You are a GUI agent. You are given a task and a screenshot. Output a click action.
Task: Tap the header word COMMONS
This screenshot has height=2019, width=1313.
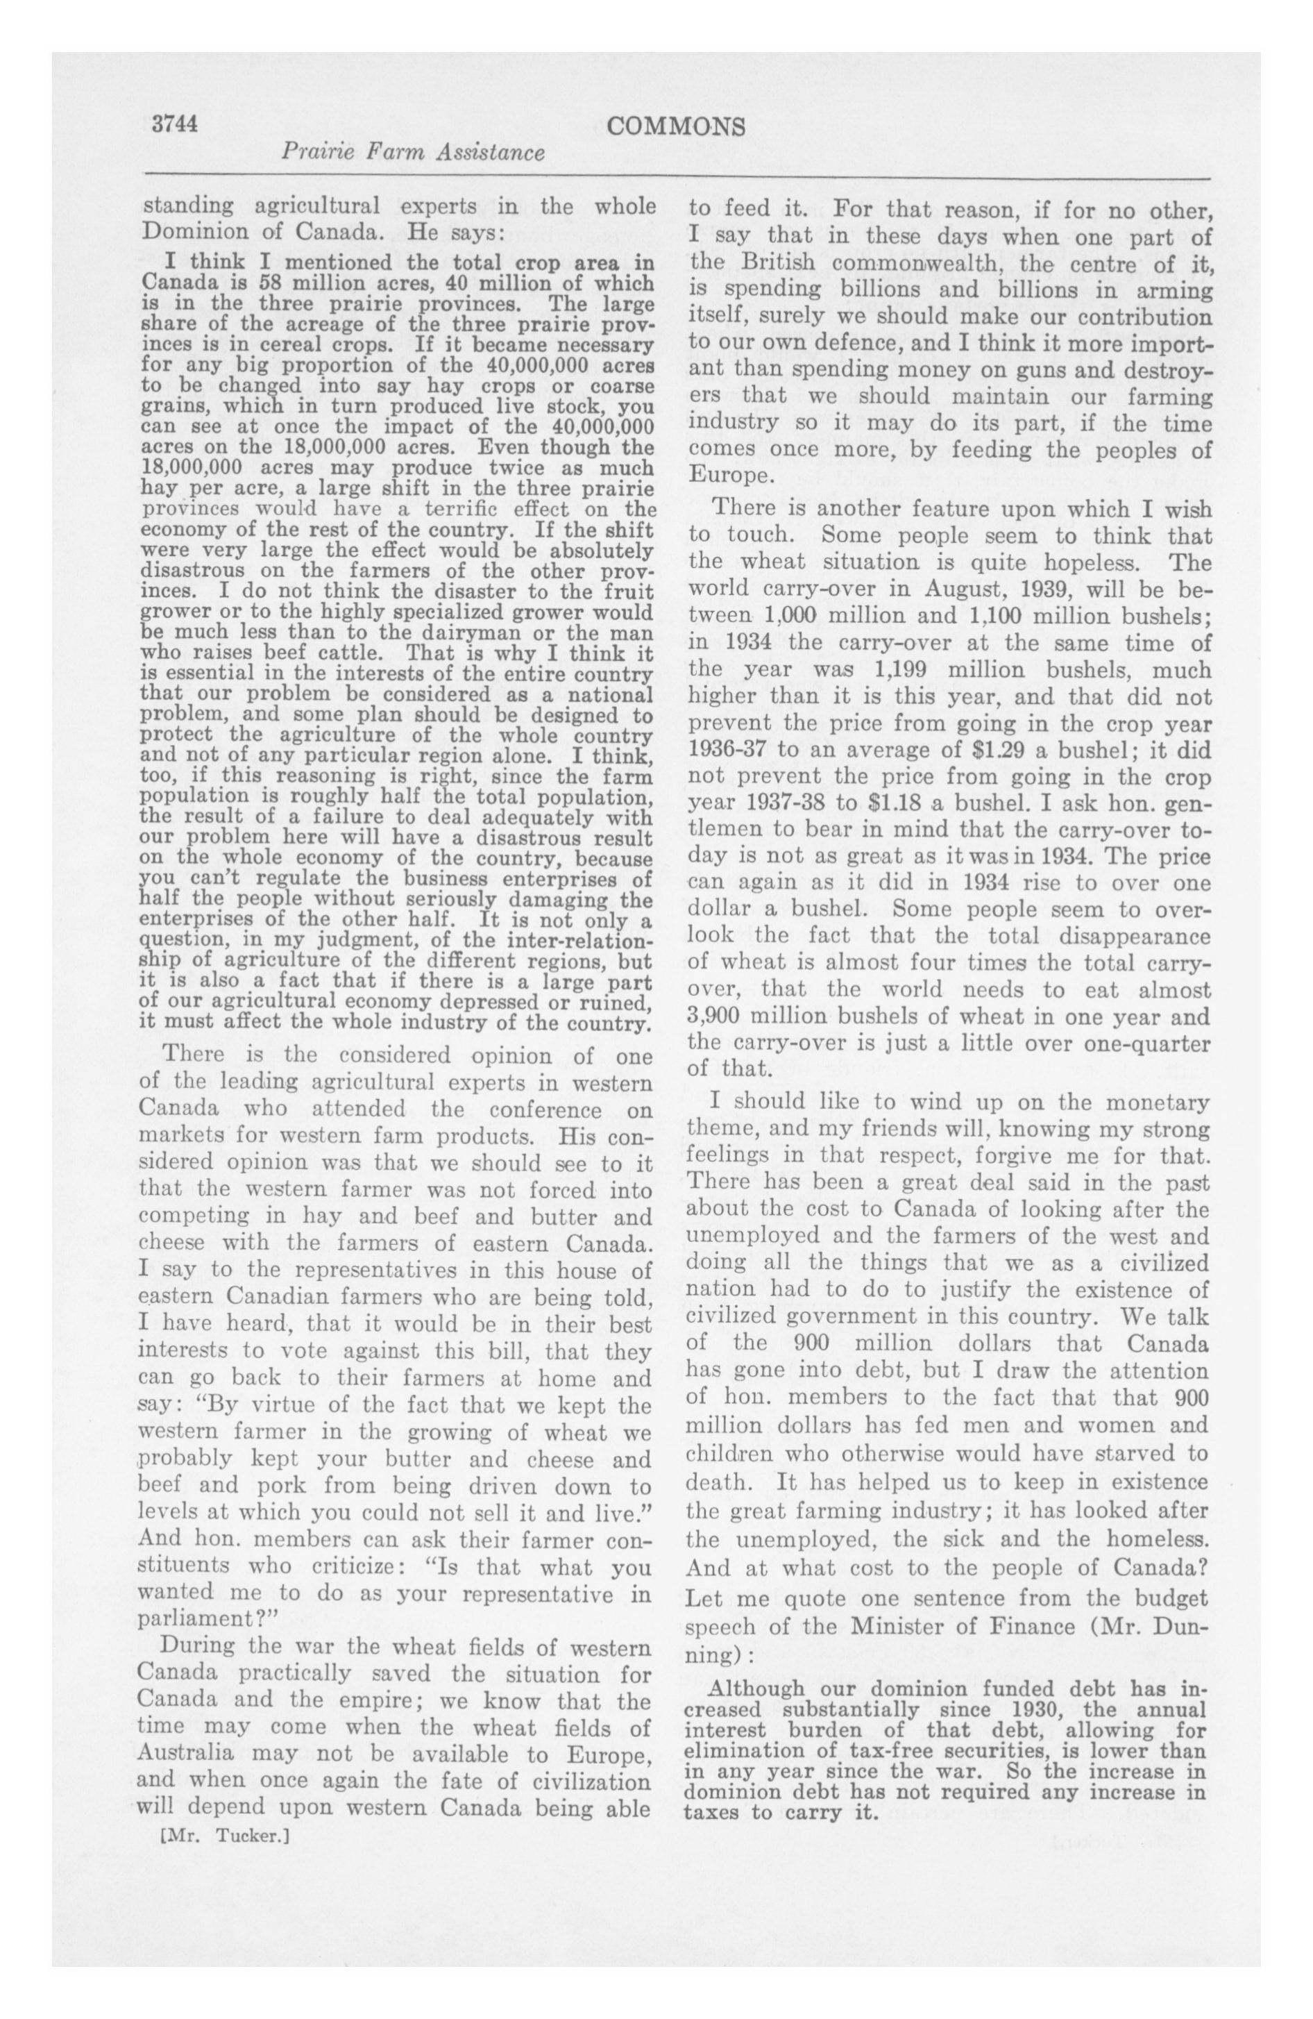pyautogui.click(x=677, y=126)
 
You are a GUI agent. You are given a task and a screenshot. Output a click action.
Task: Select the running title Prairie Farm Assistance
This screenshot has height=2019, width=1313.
pyautogui.click(x=412, y=153)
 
